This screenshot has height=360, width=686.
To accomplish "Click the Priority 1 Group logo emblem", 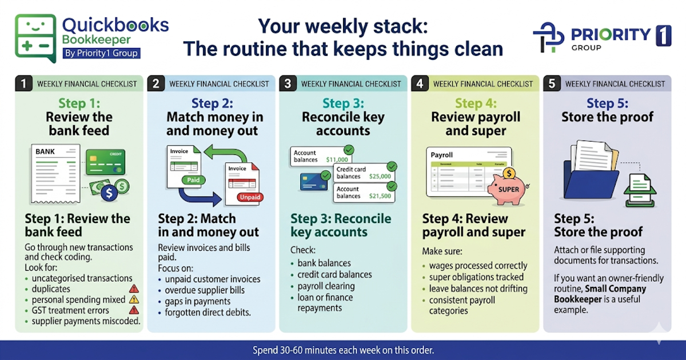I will tap(548, 38).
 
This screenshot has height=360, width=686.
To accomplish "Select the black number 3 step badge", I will tap(288, 83).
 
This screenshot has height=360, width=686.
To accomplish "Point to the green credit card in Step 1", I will tap(105, 162).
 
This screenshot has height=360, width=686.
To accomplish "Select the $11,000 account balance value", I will tap(336, 160).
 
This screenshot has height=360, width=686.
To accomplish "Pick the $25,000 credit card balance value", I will tap(380, 177).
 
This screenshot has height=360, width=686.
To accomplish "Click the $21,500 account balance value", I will tap(380, 196).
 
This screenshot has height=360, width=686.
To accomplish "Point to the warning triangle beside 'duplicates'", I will tap(134, 289).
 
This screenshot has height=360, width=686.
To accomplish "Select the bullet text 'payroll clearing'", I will tap(326, 286).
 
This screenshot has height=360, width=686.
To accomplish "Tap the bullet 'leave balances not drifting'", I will tap(478, 289).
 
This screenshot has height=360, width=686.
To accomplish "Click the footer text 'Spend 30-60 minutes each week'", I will tap(343, 350).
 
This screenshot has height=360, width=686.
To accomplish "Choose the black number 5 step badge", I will tap(552, 83).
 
